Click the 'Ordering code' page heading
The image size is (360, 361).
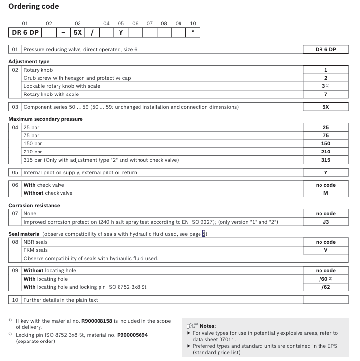(x=33, y=6)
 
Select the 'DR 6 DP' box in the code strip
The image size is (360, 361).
(x=25, y=33)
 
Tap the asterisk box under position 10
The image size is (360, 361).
(x=193, y=33)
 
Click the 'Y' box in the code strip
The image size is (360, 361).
(x=121, y=33)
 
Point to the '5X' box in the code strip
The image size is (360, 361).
(x=78, y=33)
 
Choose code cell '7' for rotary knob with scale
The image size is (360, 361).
(x=325, y=94)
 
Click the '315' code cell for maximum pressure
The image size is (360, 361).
(x=325, y=160)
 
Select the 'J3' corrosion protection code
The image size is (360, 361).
(x=325, y=222)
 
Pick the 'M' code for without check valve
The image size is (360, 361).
(x=325, y=193)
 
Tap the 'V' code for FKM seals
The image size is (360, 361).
(x=325, y=250)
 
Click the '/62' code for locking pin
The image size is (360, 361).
(x=325, y=287)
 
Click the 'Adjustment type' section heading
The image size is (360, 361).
(x=29, y=62)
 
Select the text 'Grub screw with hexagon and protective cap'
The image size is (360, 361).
(x=77, y=78)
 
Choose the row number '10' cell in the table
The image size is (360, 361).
(x=15, y=300)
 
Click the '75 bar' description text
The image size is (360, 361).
(x=31, y=135)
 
